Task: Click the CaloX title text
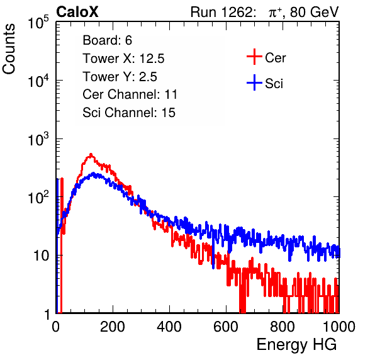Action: coord(77,12)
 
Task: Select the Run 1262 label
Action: coord(221,12)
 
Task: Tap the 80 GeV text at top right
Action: coord(314,12)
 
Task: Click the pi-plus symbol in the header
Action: coord(275,13)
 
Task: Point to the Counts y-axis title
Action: coord(9,49)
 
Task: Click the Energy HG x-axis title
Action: coord(296,345)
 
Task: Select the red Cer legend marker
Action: coord(254,57)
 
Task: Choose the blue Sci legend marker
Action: coord(254,83)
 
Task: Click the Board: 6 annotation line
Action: coord(107,40)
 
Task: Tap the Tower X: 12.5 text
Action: coord(123,59)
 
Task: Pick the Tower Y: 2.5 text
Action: coord(120,77)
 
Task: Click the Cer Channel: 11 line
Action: coord(130,94)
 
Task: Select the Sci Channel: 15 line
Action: coord(129,113)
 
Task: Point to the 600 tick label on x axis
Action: coord(226,327)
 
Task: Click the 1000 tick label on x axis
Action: coord(339,327)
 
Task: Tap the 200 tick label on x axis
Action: coord(113,327)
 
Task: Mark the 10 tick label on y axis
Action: coord(41,256)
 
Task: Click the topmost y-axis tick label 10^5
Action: coord(38,23)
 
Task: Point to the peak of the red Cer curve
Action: coord(91,154)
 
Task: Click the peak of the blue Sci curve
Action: coord(93,173)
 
